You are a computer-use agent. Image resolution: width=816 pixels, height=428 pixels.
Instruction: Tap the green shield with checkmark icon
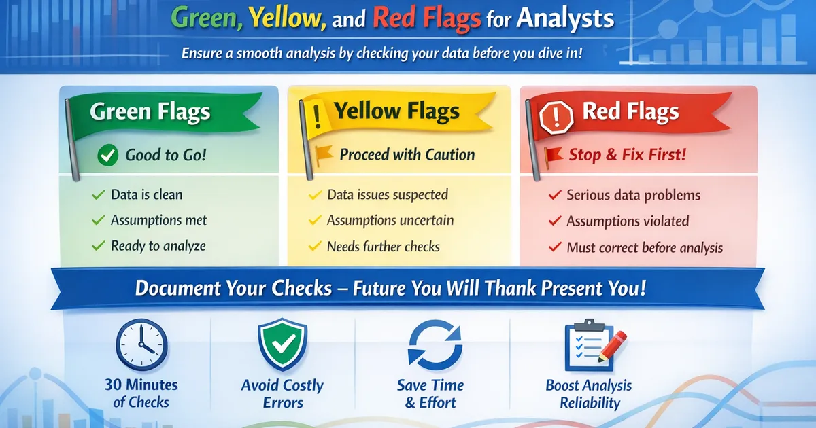(x=282, y=345)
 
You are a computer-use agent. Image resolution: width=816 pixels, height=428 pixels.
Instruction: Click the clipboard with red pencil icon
(x=588, y=346)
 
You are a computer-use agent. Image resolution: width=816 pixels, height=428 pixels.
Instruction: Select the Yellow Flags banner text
(x=396, y=111)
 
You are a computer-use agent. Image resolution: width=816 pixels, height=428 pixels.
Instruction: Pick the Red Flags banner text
(x=630, y=111)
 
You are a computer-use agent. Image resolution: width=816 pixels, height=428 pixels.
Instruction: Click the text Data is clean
(x=146, y=195)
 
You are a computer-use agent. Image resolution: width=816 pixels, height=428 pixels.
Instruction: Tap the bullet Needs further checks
(x=383, y=247)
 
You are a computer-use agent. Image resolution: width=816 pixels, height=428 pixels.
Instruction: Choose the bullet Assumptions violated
(x=628, y=221)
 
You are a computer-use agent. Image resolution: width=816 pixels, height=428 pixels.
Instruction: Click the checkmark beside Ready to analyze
(x=98, y=246)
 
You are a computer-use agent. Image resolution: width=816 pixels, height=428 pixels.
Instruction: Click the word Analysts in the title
(x=566, y=18)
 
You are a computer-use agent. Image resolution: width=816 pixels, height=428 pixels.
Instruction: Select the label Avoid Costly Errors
(x=282, y=394)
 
